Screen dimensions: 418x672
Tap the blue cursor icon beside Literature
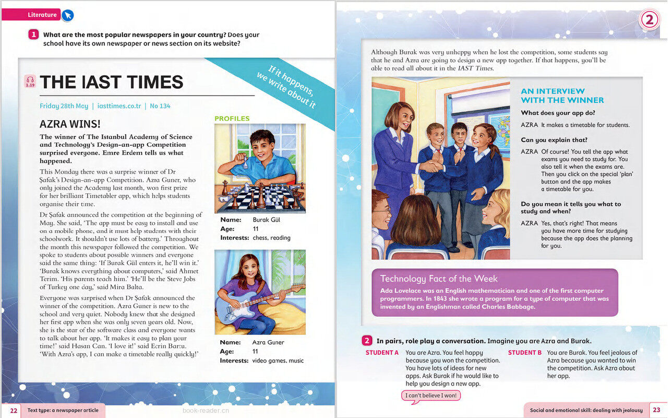67,15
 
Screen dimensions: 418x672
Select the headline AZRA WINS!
70,124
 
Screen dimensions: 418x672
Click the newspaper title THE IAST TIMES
111,82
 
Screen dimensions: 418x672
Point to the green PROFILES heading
232,119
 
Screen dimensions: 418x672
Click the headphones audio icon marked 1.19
30,81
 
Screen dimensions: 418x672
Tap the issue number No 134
160,106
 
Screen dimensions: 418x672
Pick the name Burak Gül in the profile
266,220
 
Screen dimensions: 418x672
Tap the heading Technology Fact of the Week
439,278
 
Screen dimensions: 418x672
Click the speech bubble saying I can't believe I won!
431,396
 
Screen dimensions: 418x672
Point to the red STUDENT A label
382,353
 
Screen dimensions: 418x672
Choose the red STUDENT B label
524,353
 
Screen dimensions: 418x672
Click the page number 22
14,411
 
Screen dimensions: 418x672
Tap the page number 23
656,410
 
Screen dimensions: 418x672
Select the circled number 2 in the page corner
649,20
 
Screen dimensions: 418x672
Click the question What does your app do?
558,113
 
